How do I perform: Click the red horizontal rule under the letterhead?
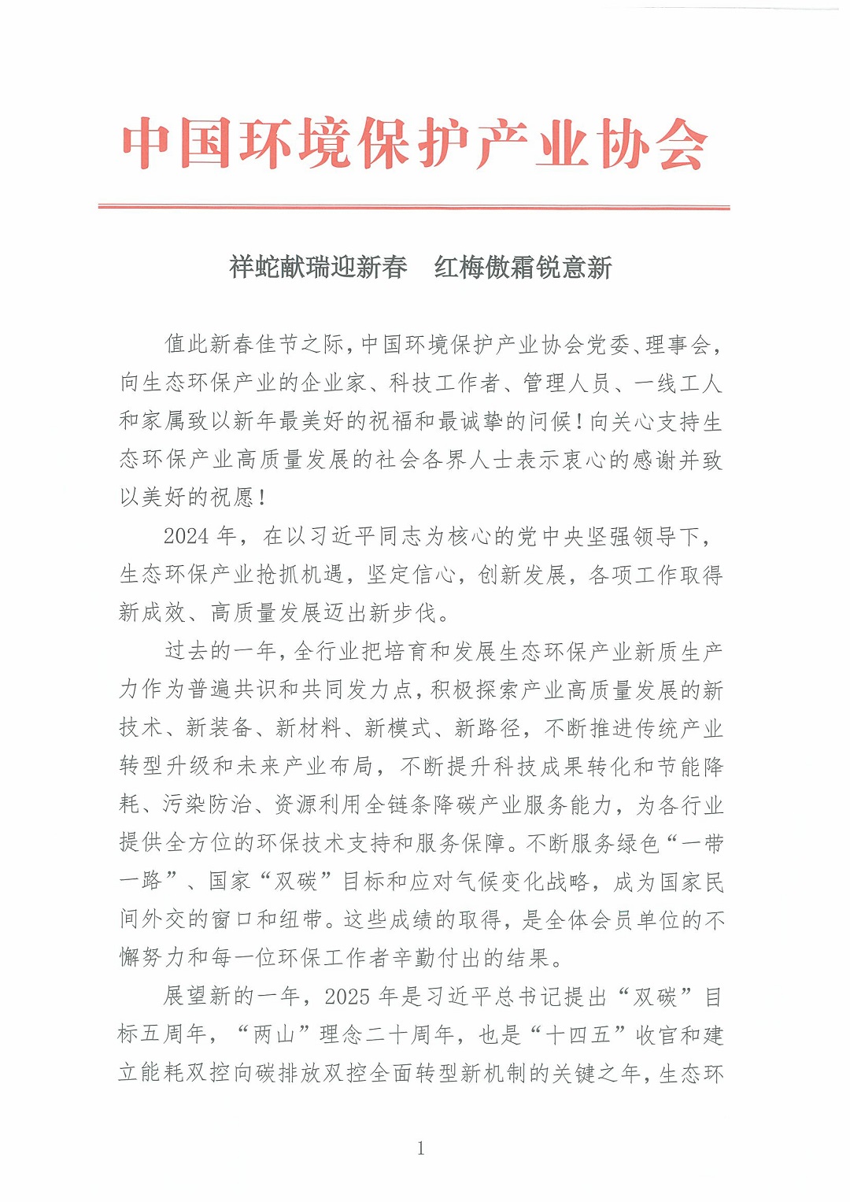point(414,207)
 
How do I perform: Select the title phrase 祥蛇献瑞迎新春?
point(318,268)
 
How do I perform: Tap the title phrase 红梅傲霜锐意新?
point(523,268)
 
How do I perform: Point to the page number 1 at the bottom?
point(421,1148)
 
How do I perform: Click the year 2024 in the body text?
point(186,537)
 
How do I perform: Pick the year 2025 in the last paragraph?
point(347,997)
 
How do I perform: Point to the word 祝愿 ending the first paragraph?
point(233,497)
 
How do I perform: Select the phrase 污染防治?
point(207,804)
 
